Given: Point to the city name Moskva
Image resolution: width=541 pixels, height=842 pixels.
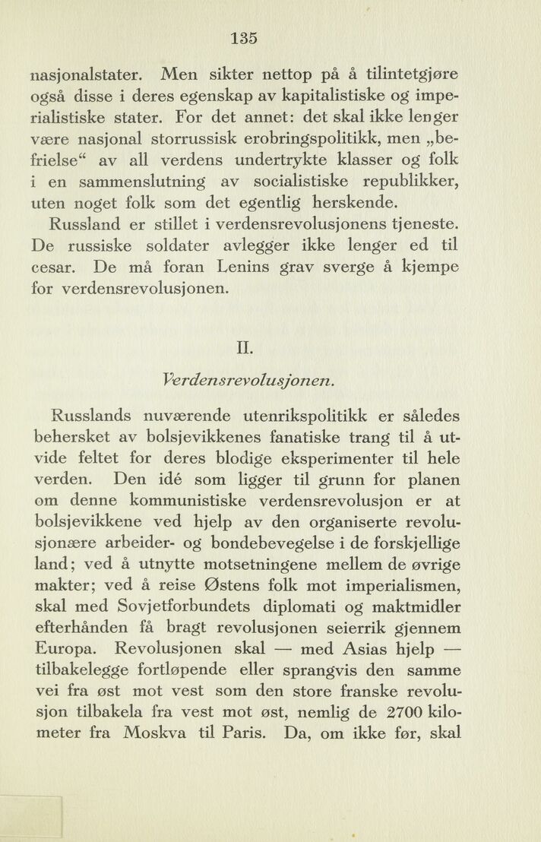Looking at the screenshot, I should (160, 735).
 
